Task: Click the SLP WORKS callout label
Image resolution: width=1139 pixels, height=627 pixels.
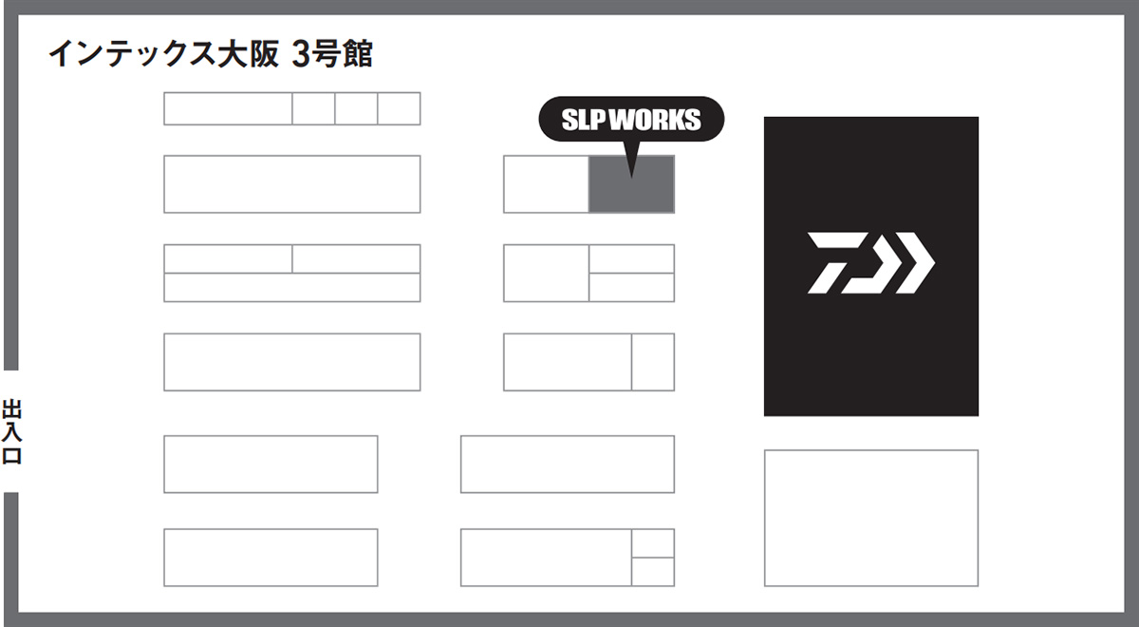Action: tap(631, 120)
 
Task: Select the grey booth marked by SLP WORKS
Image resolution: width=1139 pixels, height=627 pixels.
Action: tap(631, 184)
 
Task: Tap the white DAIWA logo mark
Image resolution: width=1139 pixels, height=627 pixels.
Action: tap(870, 261)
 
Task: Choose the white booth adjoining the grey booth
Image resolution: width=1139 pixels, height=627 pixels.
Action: tap(546, 184)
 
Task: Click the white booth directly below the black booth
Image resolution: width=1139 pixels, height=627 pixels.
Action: tap(870, 518)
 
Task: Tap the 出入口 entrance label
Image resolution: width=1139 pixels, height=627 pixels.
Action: tap(11, 432)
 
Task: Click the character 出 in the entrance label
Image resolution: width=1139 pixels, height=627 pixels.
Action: tap(11, 410)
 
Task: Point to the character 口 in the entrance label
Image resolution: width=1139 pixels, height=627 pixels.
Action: tap(11, 455)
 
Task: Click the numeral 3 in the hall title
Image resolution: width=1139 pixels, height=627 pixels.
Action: tap(302, 54)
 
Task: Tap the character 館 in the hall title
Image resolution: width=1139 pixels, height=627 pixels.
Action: tap(358, 54)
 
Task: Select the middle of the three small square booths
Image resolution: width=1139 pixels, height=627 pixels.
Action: tap(356, 108)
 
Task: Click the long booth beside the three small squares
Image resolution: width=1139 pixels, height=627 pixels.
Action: tap(228, 108)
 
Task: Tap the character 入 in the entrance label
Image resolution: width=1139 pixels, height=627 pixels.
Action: tap(11, 432)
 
